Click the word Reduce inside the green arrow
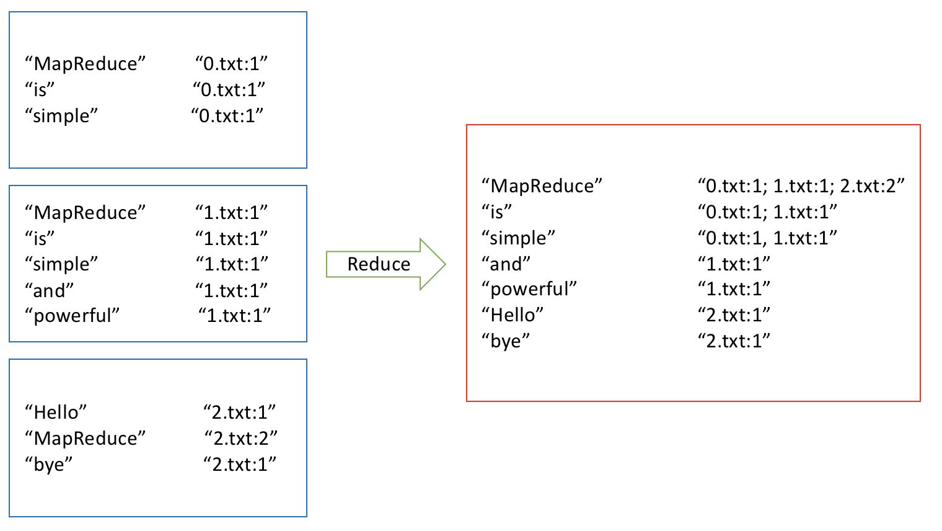pos(379,264)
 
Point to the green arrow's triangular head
pos(433,264)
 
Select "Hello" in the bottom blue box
pos(56,412)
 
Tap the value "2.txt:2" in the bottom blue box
pos(241,438)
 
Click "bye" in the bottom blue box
pos(49,464)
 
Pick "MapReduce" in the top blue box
pos(86,63)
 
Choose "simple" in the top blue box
pos(61,115)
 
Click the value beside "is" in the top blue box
pos(229,89)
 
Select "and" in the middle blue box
pos(50,290)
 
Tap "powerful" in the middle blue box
pos(72,316)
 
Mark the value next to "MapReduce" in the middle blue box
pos(232,212)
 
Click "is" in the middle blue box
pos(40,238)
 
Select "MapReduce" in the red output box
pos(542,185)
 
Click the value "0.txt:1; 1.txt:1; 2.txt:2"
pos(801,185)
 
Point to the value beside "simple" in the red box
pos(767,238)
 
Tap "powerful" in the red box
pos(529,289)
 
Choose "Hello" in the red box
pos(513,315)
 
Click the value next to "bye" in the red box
pos(734,341)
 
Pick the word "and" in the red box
pos(506,264)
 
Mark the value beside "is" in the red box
pos(767,212)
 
